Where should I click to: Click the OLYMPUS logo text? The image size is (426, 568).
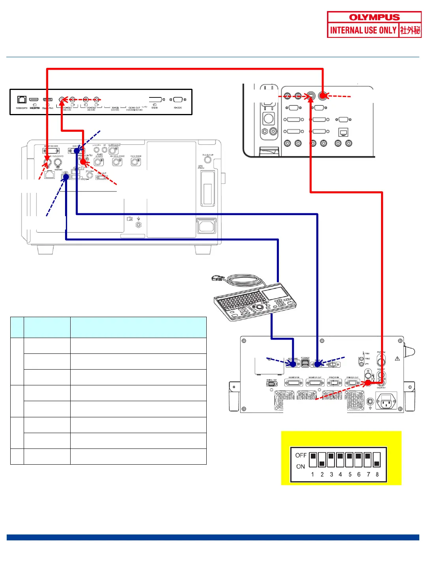click(x=374, y=17)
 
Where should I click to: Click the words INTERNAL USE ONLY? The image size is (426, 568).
click(x=363, y=30)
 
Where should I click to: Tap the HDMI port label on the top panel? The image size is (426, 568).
click(x=34, y=108)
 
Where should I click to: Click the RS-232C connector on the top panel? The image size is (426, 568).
click(x=178, y=100)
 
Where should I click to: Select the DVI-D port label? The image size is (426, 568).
click(x=155, y=108)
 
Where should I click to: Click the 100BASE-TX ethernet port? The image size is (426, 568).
click(x=22, y=100)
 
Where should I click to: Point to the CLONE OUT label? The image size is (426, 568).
click(x=134, y=108)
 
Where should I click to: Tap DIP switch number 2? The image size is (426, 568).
click(x=322, y=460)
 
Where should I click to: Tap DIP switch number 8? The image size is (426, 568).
click(x=377, y=460)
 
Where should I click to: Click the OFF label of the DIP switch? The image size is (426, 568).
click(x=301, y=455)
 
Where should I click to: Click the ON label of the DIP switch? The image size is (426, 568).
click(x=301, y=466)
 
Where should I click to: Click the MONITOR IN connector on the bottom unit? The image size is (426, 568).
click(x=293, y=383)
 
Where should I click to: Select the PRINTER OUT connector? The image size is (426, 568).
click(x=352, y=383)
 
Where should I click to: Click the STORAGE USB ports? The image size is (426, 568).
click(x=305, y=363)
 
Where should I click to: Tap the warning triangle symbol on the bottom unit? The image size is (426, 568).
click(x=397, y=359)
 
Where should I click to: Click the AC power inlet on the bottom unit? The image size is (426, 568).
click(x=386, y=402)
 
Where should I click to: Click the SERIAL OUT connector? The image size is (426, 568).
click(x=271, y=384)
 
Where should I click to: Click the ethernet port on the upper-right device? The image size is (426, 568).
click(x=343, y=132)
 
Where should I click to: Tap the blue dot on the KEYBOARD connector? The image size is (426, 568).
click(x=293, y=364)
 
